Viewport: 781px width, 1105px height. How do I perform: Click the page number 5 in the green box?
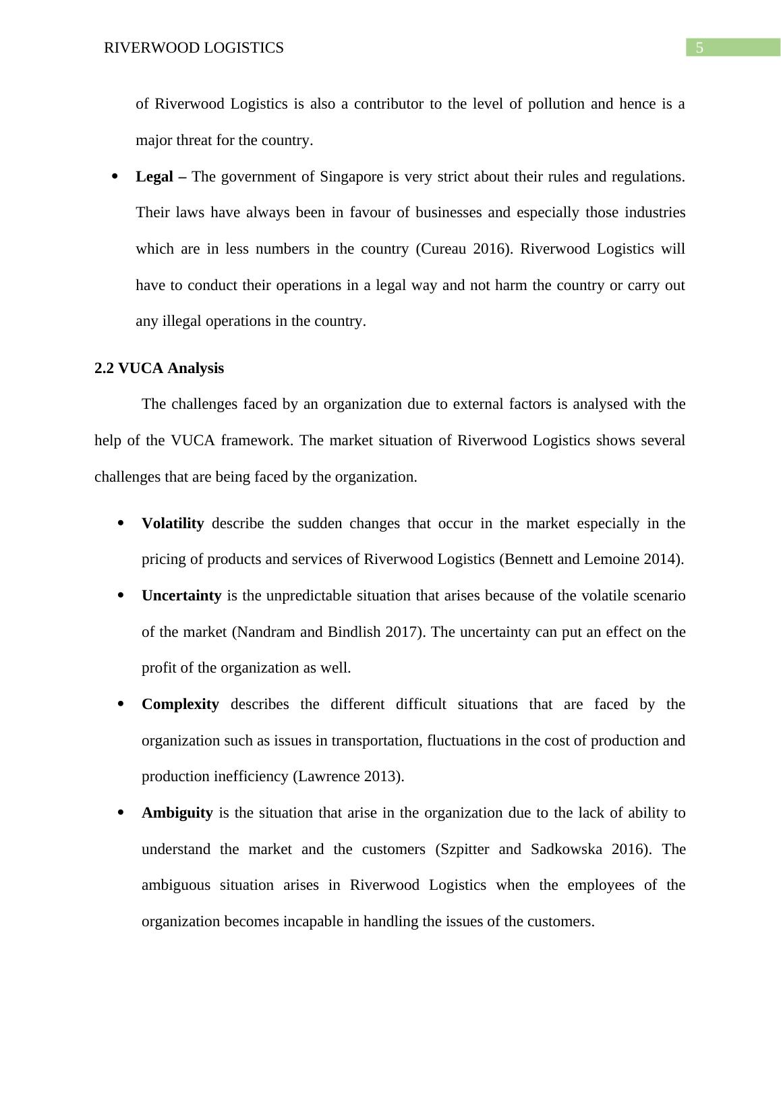pos(699,48)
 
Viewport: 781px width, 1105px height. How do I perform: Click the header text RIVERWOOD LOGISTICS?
pos(194,48)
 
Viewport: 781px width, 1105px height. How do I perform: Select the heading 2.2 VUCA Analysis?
pos(159,368)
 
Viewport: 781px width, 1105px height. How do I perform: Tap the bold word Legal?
pos(154,177)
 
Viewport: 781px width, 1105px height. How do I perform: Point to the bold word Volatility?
pos(173,523)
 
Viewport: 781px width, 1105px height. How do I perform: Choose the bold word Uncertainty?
pos(181,596)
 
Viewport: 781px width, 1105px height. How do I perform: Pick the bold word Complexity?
pos(180,704)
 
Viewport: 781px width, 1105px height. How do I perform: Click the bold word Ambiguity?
pos(177,813)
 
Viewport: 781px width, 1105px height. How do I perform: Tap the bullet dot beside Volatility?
pos(121,523)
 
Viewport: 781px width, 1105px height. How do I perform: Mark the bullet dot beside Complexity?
pos(121,704)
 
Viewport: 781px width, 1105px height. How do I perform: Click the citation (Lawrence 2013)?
pos(348,776)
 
